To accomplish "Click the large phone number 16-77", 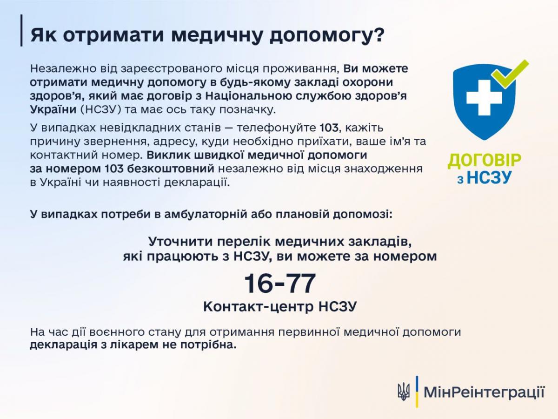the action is (279, 283).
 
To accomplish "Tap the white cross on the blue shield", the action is (484, 97).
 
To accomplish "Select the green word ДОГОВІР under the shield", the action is (484, 160).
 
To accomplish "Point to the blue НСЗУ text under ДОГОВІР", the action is (489, 177).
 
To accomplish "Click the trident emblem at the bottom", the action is (404, 392).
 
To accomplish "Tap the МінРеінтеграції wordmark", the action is (484, 392).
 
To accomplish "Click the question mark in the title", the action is (378, 35).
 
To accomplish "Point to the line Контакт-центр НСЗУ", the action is (280, 306).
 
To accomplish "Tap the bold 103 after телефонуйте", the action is (329, 128).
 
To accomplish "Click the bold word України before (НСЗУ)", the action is (53, 110).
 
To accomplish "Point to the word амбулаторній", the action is (206, 215).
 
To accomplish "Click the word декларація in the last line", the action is (64, 345).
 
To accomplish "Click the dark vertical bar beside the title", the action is (21, 30).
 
